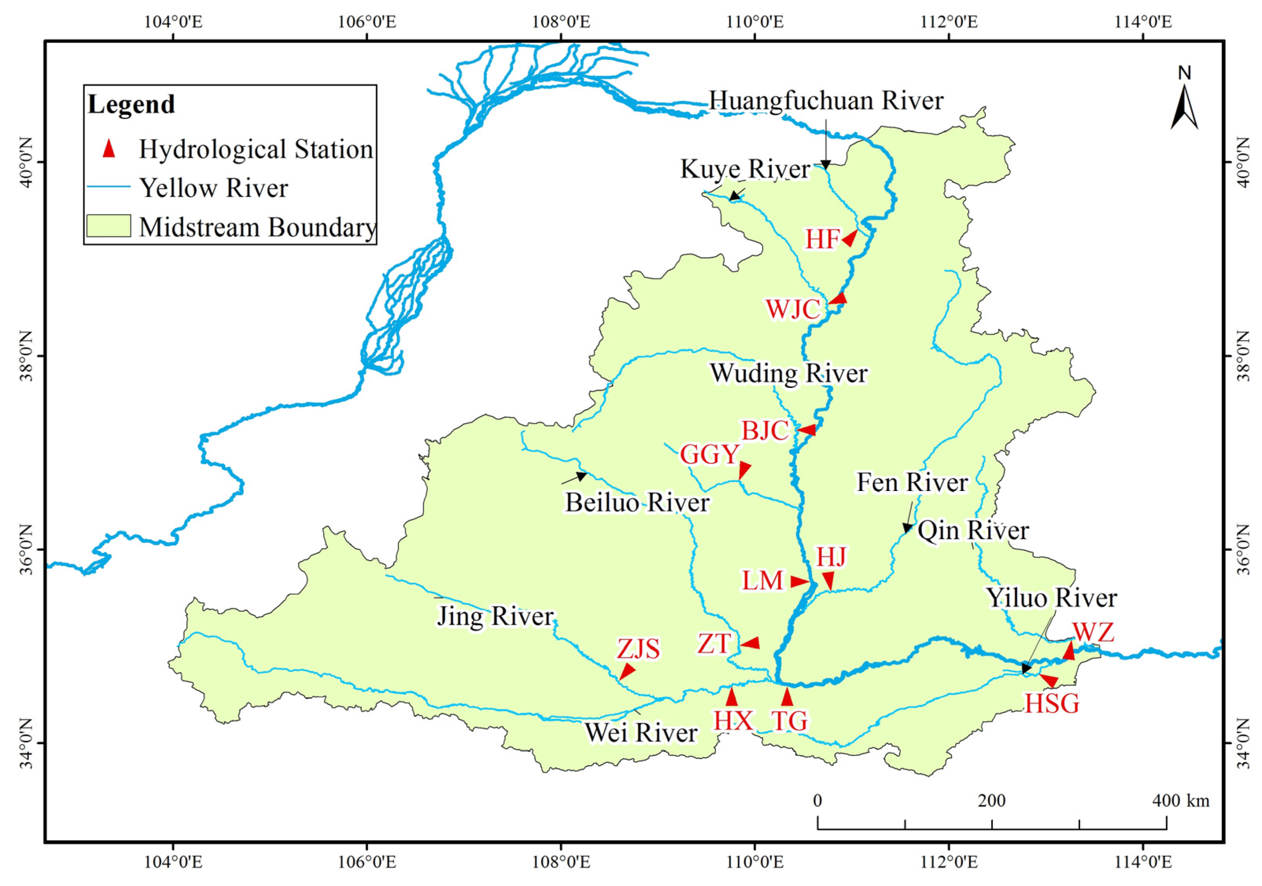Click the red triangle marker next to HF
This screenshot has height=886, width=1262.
(x=850, y=238)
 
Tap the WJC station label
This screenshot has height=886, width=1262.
(x=793, y=310)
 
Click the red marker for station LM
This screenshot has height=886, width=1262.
(x=800, y=581)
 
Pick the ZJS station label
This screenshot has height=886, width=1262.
(x=638, y=649)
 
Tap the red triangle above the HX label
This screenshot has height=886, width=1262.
(x=731, y=697)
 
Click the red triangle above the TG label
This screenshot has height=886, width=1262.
(x=787, y=697)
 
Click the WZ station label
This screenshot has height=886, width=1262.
(x=1094, y=633)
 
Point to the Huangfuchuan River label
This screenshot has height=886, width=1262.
(x=826, y=101)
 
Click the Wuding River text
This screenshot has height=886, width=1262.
(x=789, y=373)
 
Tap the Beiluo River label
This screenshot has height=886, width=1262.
(x=637, y=503)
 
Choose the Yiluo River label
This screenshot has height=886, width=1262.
(x=1052, y=598)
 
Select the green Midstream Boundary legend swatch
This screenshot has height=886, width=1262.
(x=109, y=226)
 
